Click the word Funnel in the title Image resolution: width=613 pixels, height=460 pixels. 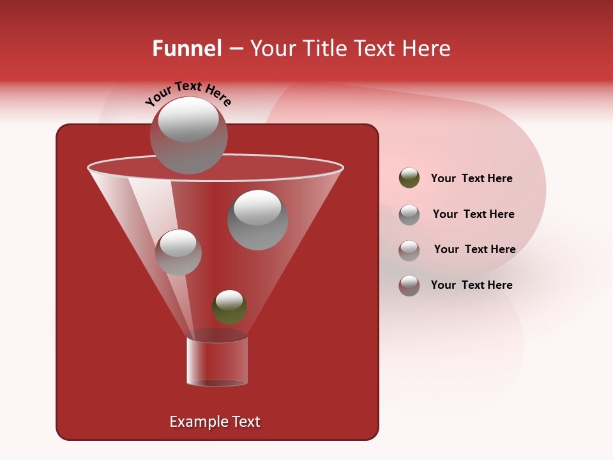pyautogui.click(x=186, y=49)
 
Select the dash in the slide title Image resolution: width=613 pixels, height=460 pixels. pyautogui.click(x=235, y=49)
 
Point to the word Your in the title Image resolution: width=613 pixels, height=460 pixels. pyautogui.click(x=271, y=49)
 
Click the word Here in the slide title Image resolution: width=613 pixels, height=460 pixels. pyautogui.click(x=426, y=49)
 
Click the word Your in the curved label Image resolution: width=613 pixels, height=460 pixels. pyautogui.click(x=158, y=98)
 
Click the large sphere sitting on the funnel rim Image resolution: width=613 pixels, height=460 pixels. pyautogui.click(x=188, y=135)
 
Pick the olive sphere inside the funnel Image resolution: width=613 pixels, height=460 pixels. pyautogui.click(x=229, y=307)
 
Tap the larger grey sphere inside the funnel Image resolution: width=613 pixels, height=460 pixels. pyautogui.click(x=257, y=220)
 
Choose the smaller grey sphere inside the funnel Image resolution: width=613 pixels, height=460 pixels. pyautogui.click(x=178, y=252)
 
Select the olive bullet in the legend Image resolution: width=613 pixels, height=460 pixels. pyautogui.click(x=409, y=178)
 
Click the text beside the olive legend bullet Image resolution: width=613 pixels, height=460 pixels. pyautogui.click(x=471, y=178)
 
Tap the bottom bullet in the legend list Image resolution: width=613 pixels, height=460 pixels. pyautogui.click(x=409, y=285)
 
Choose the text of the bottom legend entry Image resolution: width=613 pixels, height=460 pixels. pyautogui.click(x=471, y=285)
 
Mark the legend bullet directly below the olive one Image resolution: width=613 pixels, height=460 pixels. pyautogui.click(x=409, y=214)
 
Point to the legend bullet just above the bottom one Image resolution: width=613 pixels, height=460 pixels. pyautogui.click(x=409, y=250)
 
